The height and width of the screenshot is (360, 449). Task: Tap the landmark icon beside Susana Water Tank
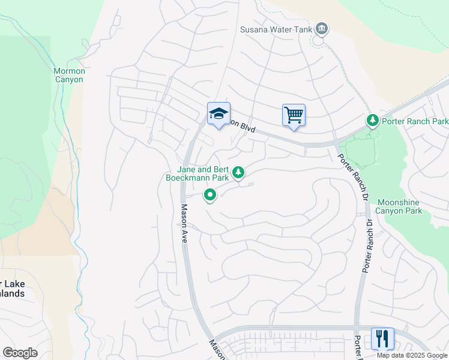pos(322,29)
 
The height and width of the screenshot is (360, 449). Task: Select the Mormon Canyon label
pos(69,75)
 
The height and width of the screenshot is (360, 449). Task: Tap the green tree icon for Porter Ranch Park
pos(373,121)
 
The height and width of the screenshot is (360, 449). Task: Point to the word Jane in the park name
pos(185,169)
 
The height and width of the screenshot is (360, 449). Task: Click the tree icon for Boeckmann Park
pos(239,173)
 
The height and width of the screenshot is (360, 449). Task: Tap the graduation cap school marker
pos(218,113)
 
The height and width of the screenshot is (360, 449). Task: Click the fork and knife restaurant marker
pos(382,338)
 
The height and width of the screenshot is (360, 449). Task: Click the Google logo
pos(20,352)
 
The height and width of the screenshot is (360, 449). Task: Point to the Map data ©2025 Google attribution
pos(411,355)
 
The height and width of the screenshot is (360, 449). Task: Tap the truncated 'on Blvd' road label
pos(243,127)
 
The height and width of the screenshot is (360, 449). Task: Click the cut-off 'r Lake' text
pos(12,284)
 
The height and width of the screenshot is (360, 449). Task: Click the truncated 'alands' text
pos(12,293)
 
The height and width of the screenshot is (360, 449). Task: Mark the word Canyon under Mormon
pos(69,79)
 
